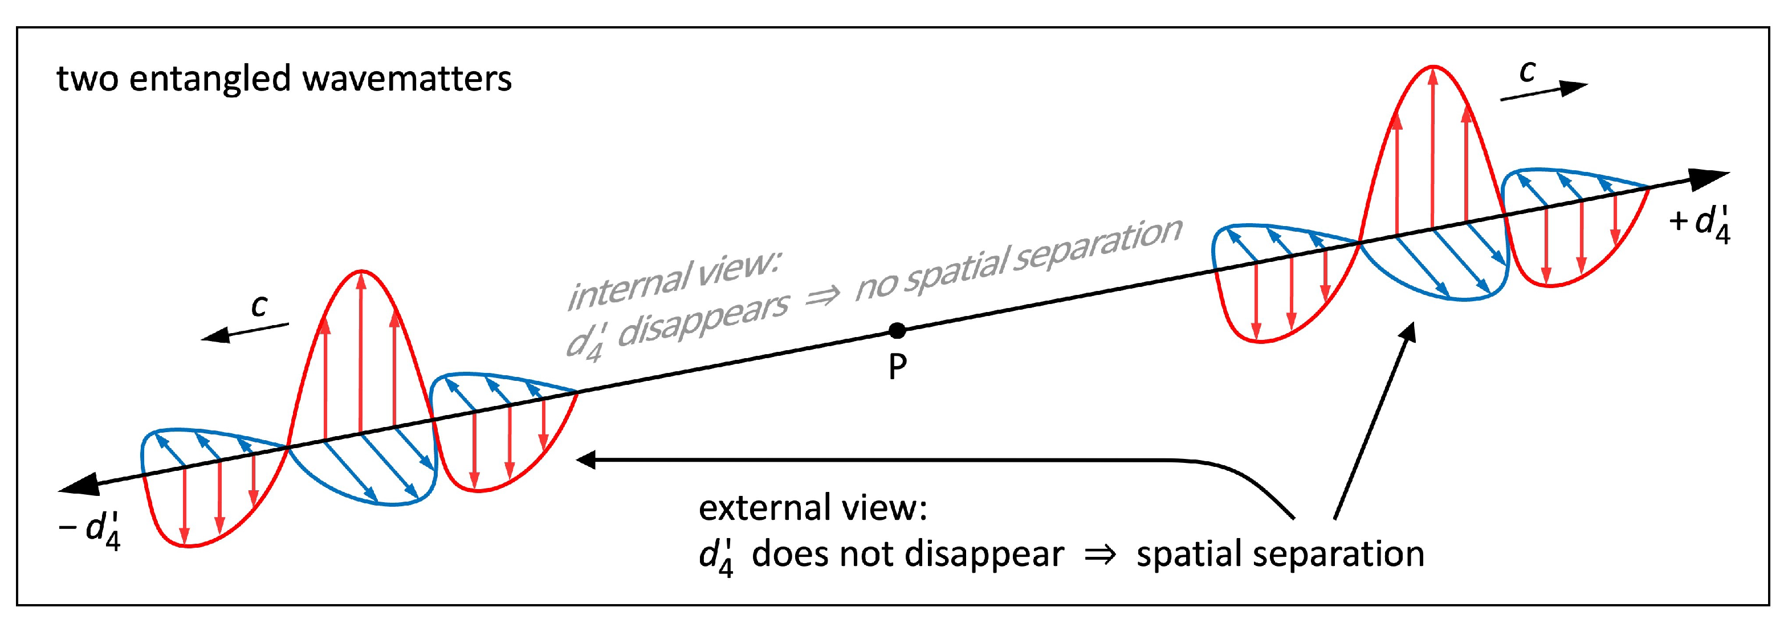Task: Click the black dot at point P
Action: (897, 330)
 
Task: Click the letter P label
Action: (897, 367)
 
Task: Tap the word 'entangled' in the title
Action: (209, 79)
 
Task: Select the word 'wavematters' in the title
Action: (407, 78)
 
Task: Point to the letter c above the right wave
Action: (1527, 71)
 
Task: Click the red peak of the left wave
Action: (361, 272)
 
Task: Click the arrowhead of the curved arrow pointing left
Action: (587, 459)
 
